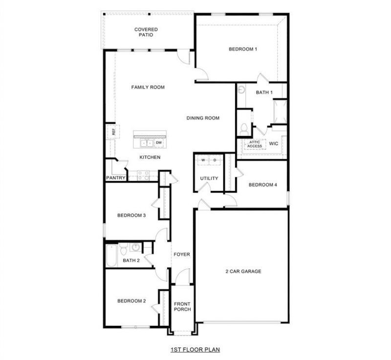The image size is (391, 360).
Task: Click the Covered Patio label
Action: point(146,32)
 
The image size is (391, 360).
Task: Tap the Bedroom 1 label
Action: point(243,49)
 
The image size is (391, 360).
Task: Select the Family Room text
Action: point(148,87)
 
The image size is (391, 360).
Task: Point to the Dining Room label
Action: point(203,118)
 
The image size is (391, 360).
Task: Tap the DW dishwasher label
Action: point(159,143)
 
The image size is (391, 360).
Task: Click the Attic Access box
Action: point(255,144)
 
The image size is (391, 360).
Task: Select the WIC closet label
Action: point(274,144)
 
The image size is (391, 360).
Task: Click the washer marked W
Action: point(203,160)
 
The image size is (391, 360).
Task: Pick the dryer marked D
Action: point(215,160)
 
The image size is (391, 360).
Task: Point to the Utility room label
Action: point(209,178)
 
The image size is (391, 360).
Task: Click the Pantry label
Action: point(115,178)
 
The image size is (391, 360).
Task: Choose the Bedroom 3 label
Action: point(131,215)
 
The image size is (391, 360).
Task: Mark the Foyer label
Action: point(182,254)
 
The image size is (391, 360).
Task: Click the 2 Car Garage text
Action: point(243,271)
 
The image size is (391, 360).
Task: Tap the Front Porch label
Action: point(182,307)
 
